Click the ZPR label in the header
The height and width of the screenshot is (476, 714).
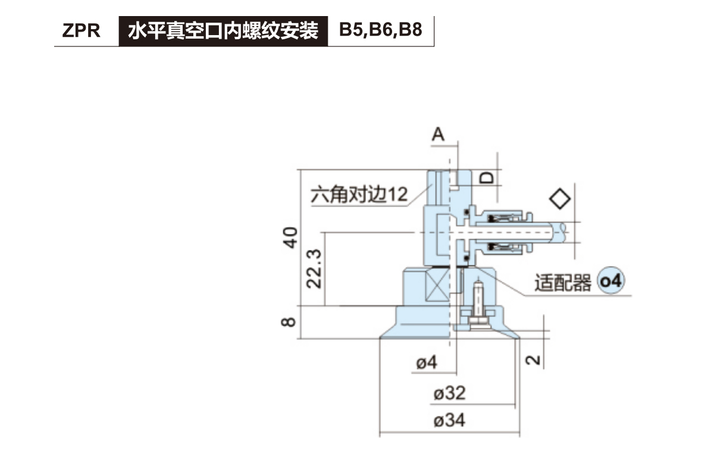coord(81,31)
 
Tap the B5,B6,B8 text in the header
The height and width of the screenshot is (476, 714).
coord(381,30)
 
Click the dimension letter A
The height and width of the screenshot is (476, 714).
coord(438,135)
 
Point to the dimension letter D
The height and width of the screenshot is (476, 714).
coord(487,177)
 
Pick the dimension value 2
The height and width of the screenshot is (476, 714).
coord(534,359)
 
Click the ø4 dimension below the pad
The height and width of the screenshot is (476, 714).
coord(426,362)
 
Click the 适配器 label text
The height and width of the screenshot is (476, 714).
coord(562,283)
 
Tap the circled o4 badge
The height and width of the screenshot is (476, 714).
coord(610,281)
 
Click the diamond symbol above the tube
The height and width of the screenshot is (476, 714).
coord(559,198)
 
